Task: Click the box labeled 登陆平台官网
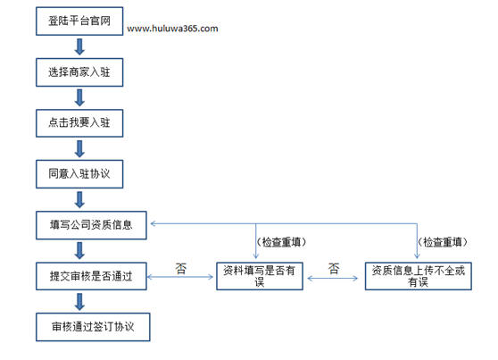click(79, 21)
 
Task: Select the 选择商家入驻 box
click(79, 72)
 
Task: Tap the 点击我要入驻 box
click(79, 123)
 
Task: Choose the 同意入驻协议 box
click(79, 174)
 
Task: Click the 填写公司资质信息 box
click(91, 225)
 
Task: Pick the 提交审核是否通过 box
click(91, 276)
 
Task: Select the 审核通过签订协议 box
click(93, 327)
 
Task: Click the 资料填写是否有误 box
click(260, 276)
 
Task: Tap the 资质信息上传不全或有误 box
click(419, 276)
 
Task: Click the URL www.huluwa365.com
click(172, 29)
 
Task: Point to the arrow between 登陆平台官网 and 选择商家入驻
click(79, 46)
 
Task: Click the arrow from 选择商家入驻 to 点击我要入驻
click(79, 97)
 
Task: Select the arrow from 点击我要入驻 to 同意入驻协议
click(79, 149)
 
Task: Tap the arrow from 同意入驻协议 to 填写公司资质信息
click(79, 200)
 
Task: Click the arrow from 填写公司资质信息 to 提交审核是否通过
click(79, 251)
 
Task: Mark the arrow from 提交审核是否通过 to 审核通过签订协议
click(79, 302)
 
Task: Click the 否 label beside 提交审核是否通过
click(180, 269)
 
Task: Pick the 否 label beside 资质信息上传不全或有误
click(334, 269)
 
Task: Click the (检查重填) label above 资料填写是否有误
click(281, 242)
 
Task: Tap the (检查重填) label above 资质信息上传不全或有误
click(443, 242)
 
